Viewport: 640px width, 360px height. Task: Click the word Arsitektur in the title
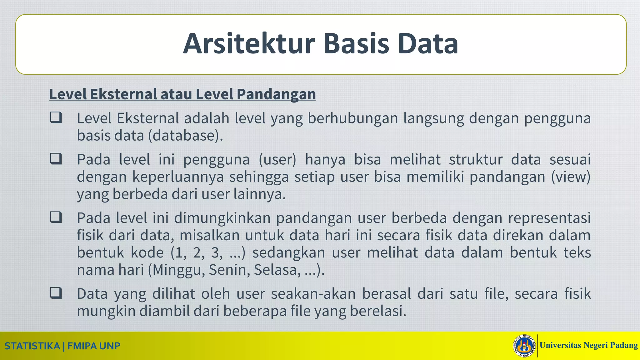[248, 44]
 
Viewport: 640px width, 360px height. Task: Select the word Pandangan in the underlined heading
[276, 94]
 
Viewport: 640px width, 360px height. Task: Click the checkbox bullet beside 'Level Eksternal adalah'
[56, 118]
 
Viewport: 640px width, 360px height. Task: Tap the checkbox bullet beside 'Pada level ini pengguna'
[56, 159]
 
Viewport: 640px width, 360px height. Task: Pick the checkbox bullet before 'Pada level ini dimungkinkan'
[56, 217]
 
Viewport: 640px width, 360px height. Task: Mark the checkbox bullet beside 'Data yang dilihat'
[56, 293]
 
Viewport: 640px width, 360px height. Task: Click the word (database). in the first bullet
[186, 136]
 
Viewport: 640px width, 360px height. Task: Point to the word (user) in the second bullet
[277, 159]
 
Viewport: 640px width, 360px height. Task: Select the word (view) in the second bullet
[570, 177]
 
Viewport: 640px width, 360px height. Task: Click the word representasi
[549, 218]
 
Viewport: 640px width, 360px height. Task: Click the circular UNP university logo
[524, 346]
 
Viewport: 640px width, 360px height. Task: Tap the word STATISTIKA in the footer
[32, 346]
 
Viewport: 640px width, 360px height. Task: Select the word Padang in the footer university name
[624, 345]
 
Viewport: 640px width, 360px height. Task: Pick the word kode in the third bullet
[147, 252]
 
